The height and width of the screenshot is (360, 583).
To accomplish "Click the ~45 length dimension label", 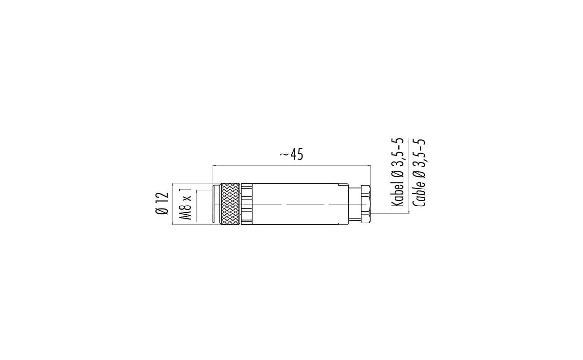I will click(291, 154).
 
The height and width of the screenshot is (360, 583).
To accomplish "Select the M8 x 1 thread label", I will click(185, 204).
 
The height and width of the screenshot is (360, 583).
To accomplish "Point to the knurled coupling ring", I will click(230, 204).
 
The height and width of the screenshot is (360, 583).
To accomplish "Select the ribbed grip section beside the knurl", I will click(247, 204).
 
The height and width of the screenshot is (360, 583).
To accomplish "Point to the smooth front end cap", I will click(217, 204).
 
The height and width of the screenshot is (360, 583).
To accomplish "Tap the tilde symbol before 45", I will click(285, 155).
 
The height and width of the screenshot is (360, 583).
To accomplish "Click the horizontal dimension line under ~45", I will click(291, 166).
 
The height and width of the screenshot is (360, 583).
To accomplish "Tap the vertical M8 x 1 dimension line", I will click(196, 204).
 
